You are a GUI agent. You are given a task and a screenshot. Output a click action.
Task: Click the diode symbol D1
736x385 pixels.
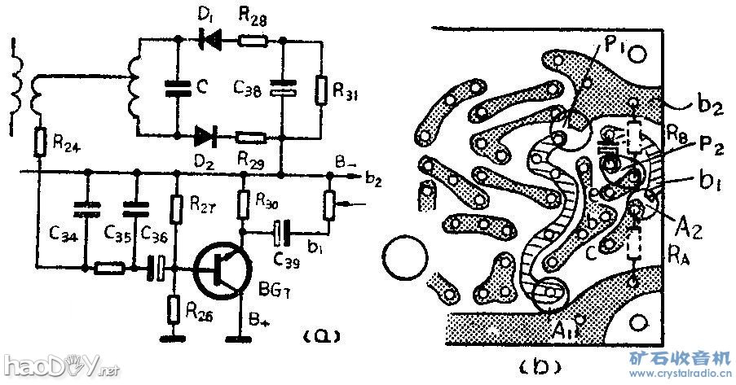point(209,37)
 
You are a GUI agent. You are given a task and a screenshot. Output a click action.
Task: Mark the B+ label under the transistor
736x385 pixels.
point(259,324)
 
